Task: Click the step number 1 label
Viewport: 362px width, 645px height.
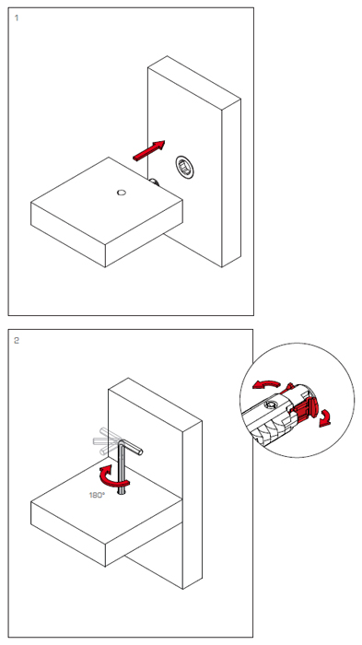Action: tap(17, 18)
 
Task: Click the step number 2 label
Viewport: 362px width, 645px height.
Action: tap(17, 341)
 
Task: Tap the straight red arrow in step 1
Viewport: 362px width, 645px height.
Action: tap(149, 150)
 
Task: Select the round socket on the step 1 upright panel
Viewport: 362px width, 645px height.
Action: tap(184, 167)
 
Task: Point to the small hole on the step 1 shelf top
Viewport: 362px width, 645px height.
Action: tap(122, 192)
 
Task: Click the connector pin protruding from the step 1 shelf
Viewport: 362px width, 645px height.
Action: tap(154, 182)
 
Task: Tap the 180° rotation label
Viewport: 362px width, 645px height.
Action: tap(97, 496)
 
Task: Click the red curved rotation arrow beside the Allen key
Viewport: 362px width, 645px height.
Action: tap(111, 477)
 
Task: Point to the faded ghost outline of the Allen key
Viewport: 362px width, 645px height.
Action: tap(105, 441)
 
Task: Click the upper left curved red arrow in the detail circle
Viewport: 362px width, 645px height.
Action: tap(265, 383)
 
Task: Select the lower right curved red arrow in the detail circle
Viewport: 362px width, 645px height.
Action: tap(325, 418)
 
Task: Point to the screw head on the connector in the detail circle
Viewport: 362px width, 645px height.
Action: tap(271, 405)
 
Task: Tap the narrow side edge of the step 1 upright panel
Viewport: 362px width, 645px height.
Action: tap(231, 182)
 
